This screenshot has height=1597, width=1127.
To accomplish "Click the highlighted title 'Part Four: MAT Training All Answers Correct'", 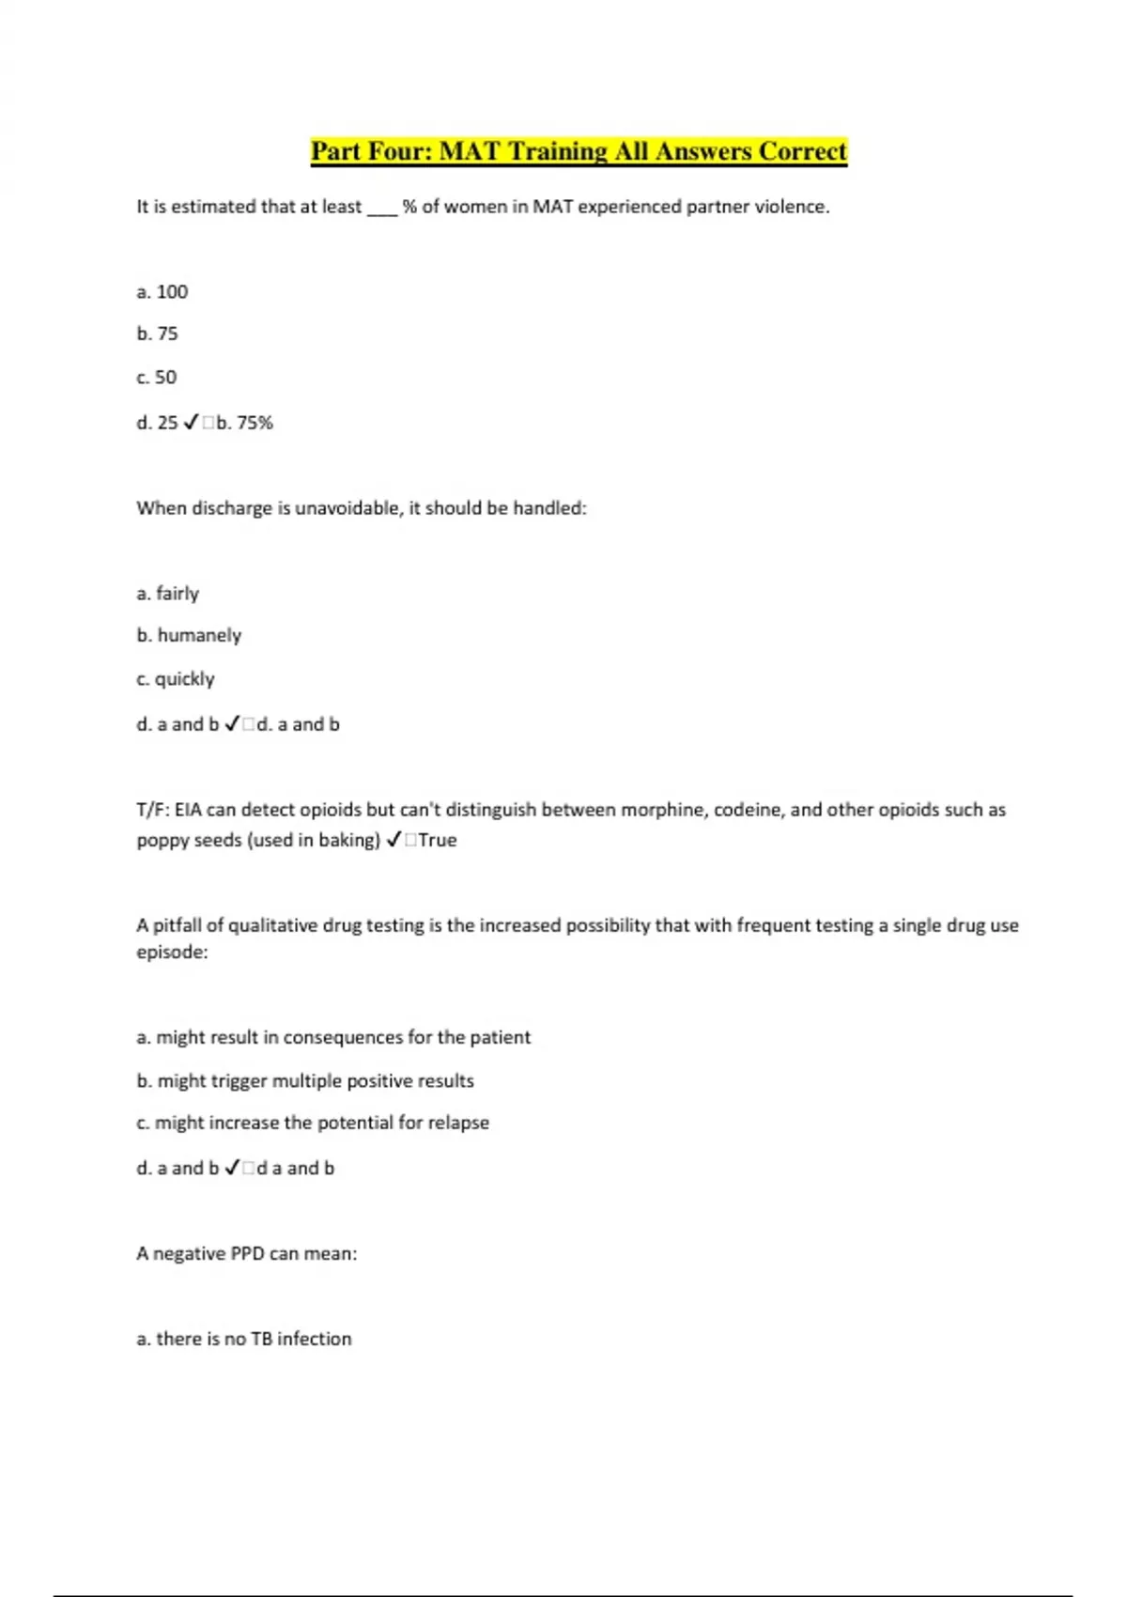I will pos(579,151).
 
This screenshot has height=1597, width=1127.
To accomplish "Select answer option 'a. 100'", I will pos(162,292).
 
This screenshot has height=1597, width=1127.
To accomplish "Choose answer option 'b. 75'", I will pos(157,333).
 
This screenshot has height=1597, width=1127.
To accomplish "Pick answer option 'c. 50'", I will pos(156,377).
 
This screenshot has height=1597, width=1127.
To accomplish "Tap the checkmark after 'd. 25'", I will pos(191,423).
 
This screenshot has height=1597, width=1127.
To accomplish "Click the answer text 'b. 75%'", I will pos(244,423).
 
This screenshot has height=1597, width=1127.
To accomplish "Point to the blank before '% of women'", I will pos(382,209).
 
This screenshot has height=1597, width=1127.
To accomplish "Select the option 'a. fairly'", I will pos(167,594).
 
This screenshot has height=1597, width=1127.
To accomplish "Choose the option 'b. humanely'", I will pos(189,635).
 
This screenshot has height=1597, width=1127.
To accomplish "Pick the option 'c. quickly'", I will pos(176,678).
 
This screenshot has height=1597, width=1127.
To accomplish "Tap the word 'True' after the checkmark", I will pos(438,840).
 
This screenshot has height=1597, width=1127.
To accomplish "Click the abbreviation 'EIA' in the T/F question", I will pos(188,810).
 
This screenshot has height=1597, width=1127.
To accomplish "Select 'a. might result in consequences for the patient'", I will pos(333,1037).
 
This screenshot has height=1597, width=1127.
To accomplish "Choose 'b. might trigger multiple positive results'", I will pos(305,1080).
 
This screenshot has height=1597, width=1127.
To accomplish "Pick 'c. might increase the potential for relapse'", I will pos(313,1123).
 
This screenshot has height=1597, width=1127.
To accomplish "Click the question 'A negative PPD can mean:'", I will pos(247,1253).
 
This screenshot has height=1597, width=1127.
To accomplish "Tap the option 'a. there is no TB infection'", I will pos(244,1339).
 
